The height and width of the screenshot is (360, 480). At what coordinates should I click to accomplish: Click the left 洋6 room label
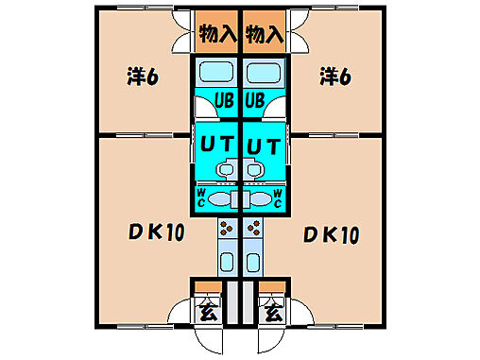(x=141, y=75)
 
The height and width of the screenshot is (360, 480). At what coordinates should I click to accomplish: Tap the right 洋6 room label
(x=334, y=75)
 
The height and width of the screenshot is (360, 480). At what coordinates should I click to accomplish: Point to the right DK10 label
(x=331, y=233)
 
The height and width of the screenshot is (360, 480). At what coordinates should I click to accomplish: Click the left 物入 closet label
(x=216, y=34)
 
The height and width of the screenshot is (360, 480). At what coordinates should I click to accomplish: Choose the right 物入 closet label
(x=264, y=34)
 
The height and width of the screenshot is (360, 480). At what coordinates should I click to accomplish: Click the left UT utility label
(x=217, y=145)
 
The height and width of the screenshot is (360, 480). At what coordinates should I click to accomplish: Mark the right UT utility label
(x=263, y=145)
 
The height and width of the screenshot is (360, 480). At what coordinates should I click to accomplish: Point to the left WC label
(x=201, y=197)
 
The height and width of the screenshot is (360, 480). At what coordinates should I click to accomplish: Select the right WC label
(x=278, y=197)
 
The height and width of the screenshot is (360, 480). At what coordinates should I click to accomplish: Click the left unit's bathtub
(x=216, y=73)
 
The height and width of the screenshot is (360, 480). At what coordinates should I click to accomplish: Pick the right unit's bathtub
(x=264, y=73)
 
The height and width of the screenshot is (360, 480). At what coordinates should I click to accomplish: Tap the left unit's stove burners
(x=227, y=228)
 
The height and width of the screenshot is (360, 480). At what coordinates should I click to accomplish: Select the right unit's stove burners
(x=253, y=228)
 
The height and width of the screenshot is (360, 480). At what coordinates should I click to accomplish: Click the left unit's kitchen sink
(x=227, y=262)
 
